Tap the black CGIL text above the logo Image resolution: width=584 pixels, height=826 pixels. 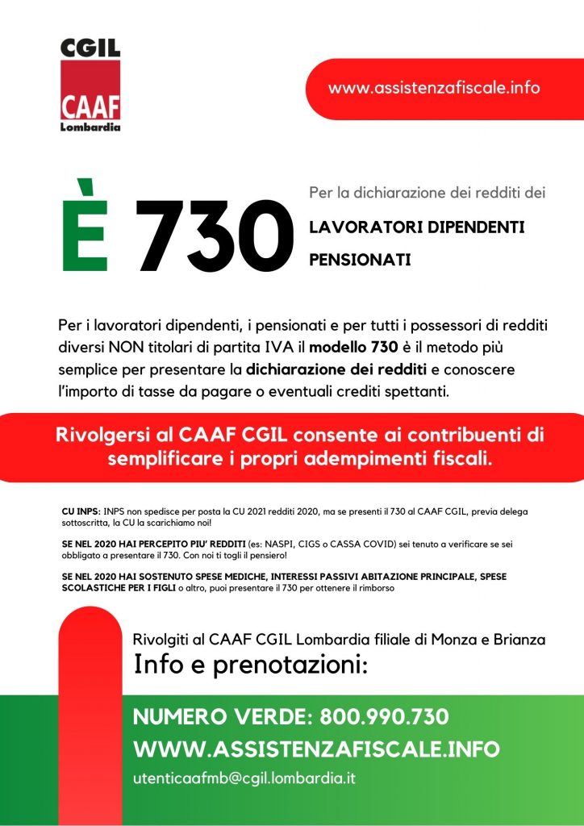pos(90,48)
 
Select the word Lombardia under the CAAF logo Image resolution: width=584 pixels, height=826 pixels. pos(90,127)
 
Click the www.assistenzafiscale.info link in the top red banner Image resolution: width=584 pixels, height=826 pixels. pos(434,88)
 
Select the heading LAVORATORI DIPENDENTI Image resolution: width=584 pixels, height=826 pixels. pos(417,227)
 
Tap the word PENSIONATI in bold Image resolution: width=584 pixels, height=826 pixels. pos(360,261)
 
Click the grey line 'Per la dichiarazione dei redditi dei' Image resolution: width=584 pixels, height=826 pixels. pos(428,194)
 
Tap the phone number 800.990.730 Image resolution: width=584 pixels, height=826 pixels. pos(384,716)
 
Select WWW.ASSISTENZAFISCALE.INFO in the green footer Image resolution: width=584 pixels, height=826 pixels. pos(316,749)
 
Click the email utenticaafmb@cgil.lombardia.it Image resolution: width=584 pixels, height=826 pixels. pos(244,778)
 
